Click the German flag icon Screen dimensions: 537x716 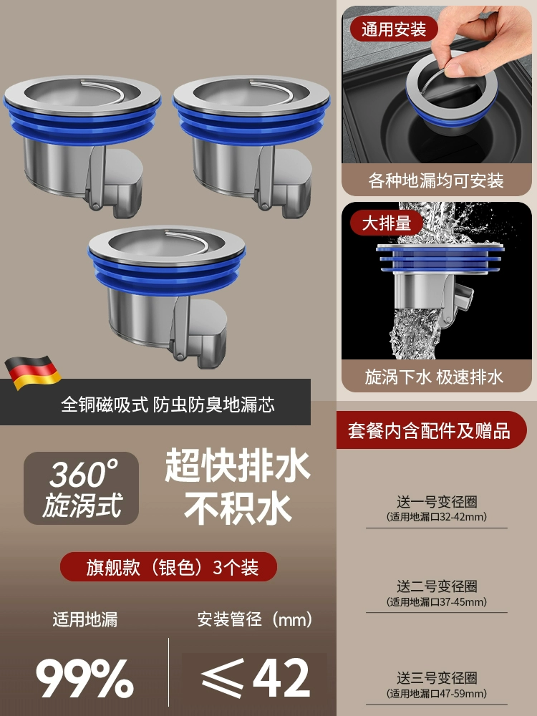(x=33, y=372)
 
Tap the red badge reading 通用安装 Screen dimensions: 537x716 (x=394, y=29)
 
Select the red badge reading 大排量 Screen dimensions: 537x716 (x=387, y=223)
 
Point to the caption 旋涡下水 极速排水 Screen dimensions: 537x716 (x=434, y=377)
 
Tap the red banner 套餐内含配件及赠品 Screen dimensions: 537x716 (x=429, y=430)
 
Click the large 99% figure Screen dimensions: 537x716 (x=85, y=678)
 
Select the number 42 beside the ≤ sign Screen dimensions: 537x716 (x=281, y=678)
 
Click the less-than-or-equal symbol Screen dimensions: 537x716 (x=223, y=679)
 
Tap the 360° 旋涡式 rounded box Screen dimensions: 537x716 (x=82, y=488)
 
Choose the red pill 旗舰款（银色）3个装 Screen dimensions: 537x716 (x=168, y=566)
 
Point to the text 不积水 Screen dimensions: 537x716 (x=238, y=508)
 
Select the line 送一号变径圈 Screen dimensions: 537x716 (x=437, y=502)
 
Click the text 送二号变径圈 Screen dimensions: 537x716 (x=437, y=586)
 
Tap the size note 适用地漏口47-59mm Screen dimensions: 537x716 (x=437, y=694)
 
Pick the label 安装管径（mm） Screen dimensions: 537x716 (x=255, y=619)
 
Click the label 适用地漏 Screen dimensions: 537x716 (x=85, y=619)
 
